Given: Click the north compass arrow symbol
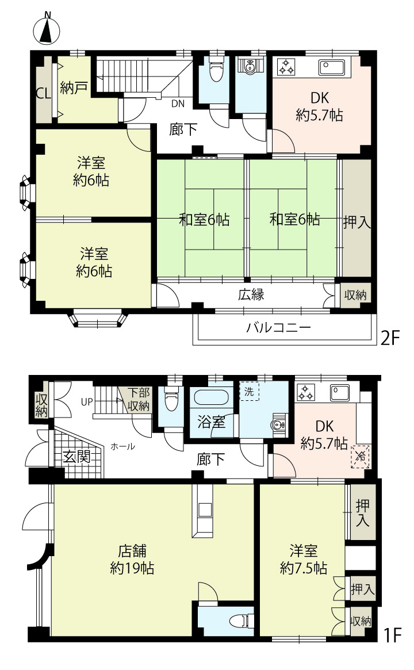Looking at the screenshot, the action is pyautogui.click(x=47, y=29).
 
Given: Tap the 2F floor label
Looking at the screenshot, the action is pyautogui.click(x=390, y=338).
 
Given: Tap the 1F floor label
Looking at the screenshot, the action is pyautogui.click(x=392, y=635).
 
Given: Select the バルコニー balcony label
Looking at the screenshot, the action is pyautogui.click(x=278, y=328).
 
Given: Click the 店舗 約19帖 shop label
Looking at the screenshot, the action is pyautogui.click(x=132, y=560).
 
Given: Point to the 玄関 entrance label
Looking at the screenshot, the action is pyautogui.click(x=77, y=457).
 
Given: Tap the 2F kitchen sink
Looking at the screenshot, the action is pyautogui.click(x=332, y=67).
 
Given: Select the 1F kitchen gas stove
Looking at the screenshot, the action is pyautogui.click(x=305, y=392).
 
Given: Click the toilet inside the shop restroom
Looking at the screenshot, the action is pyautogui.click(x=242, y=620).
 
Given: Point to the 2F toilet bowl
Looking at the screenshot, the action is pyautogui.click(x=216, y=70).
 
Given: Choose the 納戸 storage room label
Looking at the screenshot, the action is pyautogui.click(x=74, y=88).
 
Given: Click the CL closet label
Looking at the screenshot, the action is pyautogui.click(x=43, y=93).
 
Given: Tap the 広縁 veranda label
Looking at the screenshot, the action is pyautogui.click(x=251, y=294).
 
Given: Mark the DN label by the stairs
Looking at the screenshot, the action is pyautogui.click(x=178, y=104).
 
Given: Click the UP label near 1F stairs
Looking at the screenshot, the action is pyautogui.click(x=87, y=402).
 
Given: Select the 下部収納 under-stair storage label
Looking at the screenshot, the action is pyautogui.click(x=139, y=399).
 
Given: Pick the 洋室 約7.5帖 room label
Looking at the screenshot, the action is pyautogui.click(x=304, y=560).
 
